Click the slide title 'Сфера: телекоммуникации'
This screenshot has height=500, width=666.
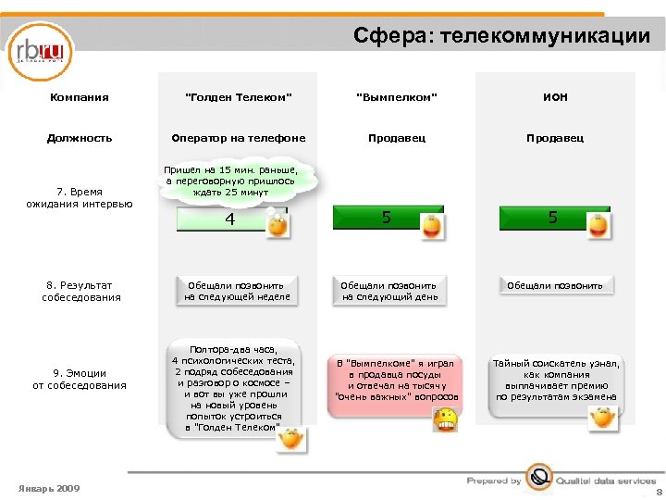(x=501, y=36)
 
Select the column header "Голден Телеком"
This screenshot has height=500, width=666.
(x=238, y=97)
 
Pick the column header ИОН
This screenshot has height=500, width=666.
(x=555, y=97)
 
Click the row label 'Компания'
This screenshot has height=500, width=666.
(x=79, y=97)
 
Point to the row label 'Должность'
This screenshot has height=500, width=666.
(x=80, y=138)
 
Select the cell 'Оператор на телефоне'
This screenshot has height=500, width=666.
(x=238, y=138)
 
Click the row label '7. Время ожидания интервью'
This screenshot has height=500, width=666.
(x=80, y=197)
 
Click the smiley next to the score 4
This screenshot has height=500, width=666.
(x=276, y=225)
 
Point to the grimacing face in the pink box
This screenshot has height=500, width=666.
(x=446, y=419)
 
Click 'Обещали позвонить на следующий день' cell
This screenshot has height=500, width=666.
(x=388, y=291)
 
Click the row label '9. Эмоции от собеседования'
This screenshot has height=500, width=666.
(x=80, y=379)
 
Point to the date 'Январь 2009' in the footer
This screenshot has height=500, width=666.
(x=49, y=488)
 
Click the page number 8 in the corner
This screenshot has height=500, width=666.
(x=659, y=493)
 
